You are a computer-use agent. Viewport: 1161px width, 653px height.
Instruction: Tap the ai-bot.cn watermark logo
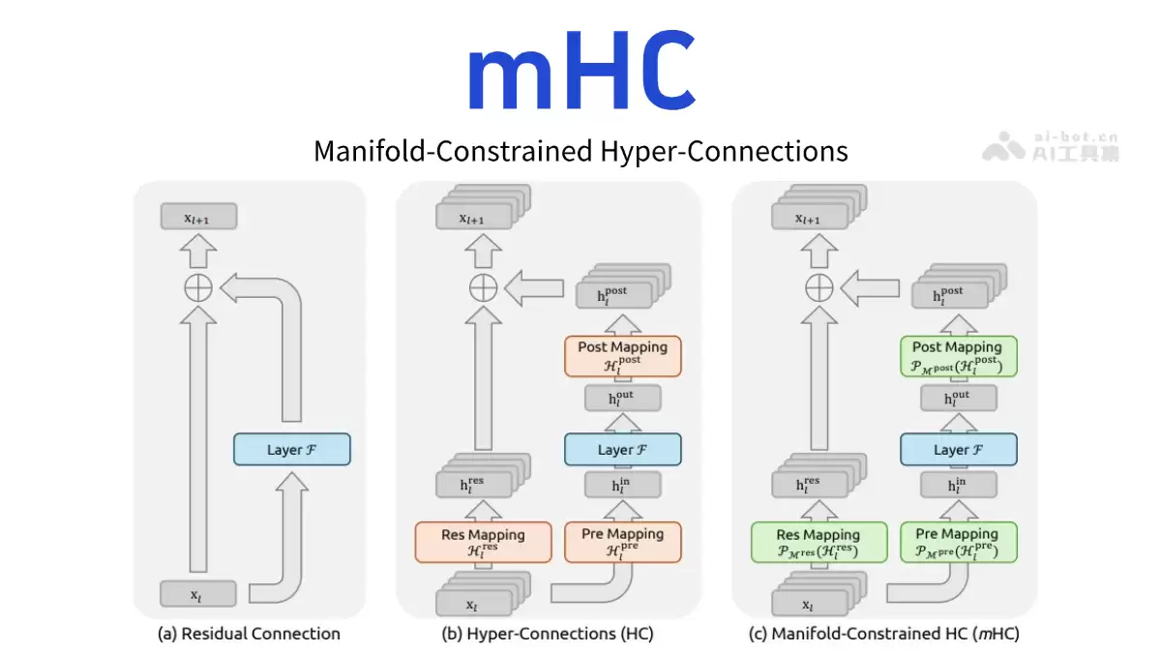click(x=1052, y=145)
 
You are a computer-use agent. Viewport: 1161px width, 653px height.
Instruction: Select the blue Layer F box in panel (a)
click(x=291, y=450)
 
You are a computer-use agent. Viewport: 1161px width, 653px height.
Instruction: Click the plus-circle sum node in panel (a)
click(x=198, y=287)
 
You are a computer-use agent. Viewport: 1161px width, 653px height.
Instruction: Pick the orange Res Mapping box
click(x=483, y=542)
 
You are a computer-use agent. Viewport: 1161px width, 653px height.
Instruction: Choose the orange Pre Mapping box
click(x=622, y=542)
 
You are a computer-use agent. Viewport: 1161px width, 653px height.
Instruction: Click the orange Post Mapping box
click(x=622, y=355)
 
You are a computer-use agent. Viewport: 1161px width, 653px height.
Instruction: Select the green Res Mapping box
click(x=819, y=542)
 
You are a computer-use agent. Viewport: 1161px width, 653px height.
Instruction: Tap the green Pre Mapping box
click(x=958, y=542)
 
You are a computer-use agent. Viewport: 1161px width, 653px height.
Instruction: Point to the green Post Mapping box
click(x=958, y=355)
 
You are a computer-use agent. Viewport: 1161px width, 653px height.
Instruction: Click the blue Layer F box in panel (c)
click(x=958, y=450)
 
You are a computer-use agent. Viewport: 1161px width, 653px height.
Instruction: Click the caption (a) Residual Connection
click(x=249, y=635)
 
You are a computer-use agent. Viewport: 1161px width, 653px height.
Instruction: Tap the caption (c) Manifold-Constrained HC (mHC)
click(x=884, y=635)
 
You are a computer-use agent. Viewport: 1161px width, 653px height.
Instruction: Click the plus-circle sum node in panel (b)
click(x=483, y=287)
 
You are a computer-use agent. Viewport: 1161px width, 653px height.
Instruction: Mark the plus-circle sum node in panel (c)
click(x=819, y=287)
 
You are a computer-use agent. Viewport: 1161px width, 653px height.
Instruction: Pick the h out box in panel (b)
click(x=622, y=399)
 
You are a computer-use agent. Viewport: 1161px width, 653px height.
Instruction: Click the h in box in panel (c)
click(x=958, y=485)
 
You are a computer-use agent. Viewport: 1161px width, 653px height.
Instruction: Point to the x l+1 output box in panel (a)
click(x=198, y=218)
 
